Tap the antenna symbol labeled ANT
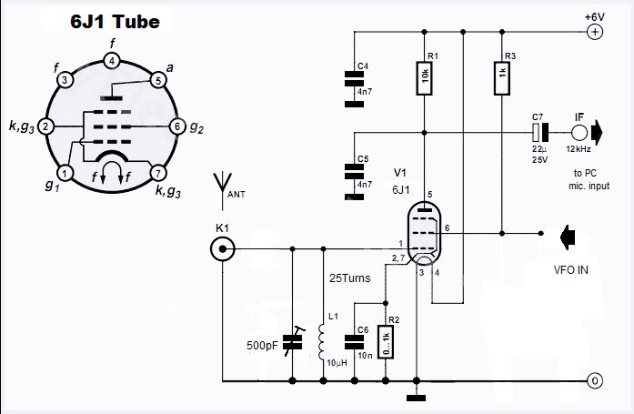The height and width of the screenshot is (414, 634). (221, 186)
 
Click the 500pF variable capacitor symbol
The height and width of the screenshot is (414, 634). (292, 342)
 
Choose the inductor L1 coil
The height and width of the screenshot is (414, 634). (321, 342)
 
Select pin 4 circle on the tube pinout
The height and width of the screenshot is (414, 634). (112, 61)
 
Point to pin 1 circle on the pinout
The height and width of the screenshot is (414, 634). (65, 171)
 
